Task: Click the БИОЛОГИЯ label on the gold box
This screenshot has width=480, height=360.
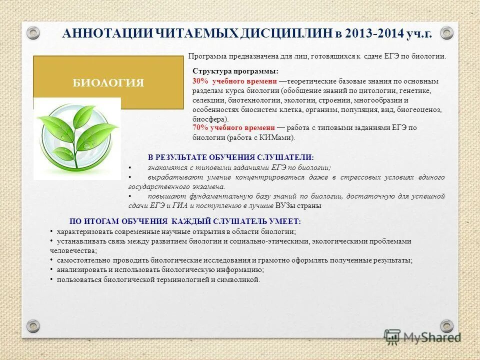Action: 108,83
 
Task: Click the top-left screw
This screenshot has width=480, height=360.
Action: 33,33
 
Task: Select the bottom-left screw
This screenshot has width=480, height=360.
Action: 33,326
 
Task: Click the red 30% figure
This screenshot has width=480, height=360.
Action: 199,81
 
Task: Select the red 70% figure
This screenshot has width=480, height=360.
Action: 199,128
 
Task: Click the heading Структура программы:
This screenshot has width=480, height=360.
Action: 235,71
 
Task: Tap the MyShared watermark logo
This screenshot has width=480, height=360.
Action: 422,336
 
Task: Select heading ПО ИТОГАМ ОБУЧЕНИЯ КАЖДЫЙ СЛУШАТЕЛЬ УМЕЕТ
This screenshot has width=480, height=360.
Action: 185,221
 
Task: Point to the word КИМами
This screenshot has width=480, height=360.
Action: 279,137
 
